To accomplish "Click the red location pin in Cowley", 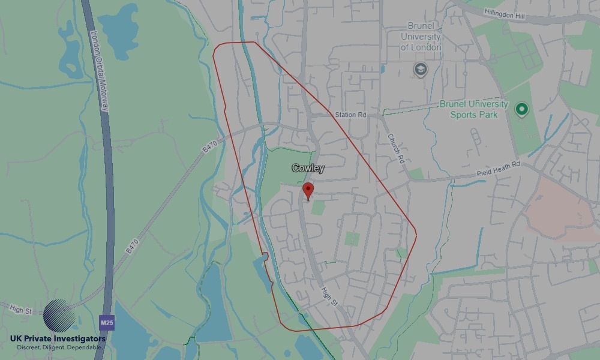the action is [308, 191].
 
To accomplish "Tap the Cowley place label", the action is [308, 168].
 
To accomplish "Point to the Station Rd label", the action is [350, 115].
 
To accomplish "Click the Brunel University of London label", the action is [421, 37].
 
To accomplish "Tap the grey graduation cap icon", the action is [421, 70].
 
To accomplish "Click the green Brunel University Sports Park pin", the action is [521, 110].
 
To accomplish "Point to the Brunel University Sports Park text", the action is [474, 109].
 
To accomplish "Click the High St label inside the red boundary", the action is [328, 296].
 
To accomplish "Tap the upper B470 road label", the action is [209, 145].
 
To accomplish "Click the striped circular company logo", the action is [59, 316].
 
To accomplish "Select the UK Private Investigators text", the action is [58, 339].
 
